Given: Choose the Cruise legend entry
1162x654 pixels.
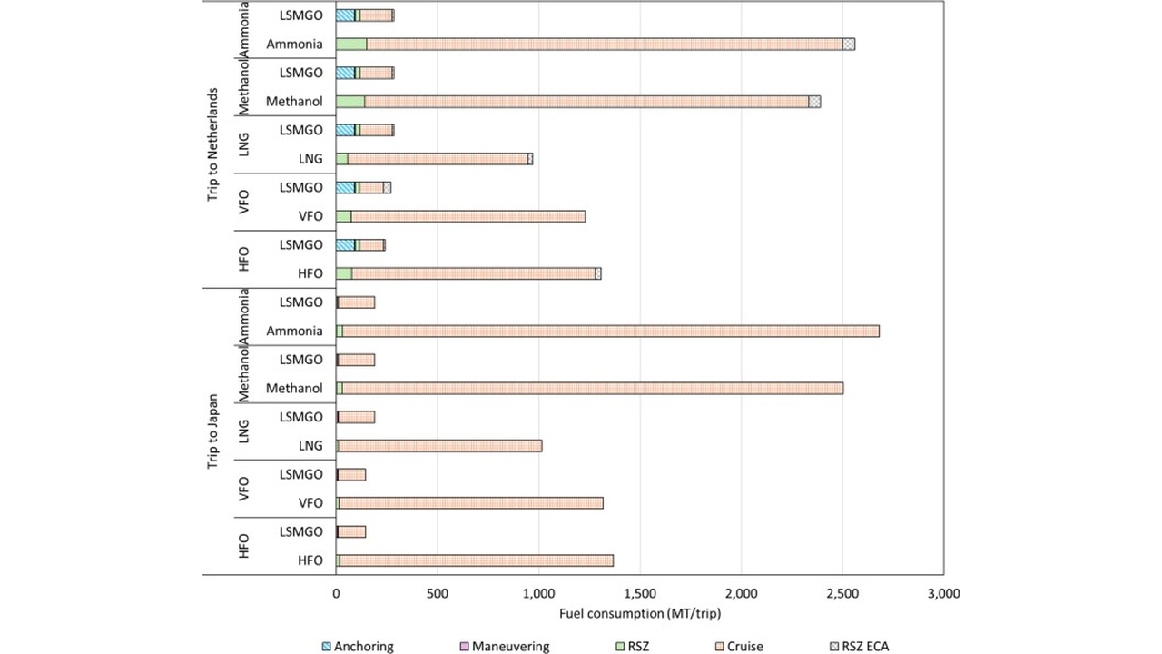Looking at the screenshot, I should click(x=744, y=647).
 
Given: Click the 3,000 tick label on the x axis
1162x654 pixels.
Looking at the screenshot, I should click(x=943, y=593).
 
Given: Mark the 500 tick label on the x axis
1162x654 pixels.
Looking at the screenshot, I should click(x=438, y=593).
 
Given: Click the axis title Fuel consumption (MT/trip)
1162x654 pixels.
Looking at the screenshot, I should click(x=640, y=614).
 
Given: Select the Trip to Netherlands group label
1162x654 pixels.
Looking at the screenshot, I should click(x=213, y=144).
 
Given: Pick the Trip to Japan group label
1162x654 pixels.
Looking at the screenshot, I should click(x=213, y=431).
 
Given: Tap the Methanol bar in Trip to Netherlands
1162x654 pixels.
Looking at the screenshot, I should click(x=581, y=102).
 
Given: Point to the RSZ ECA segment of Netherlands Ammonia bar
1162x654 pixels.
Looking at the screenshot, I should click(x=849, y=44).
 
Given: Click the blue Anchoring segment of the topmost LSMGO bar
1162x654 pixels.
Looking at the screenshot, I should click(x=345, y=15).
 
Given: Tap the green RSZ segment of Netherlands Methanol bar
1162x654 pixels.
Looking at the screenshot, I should click(x=350, y=102).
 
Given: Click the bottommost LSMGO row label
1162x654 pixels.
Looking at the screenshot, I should click(x=301, y=531).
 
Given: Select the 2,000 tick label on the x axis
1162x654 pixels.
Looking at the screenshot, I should click(x=741, y=593).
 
